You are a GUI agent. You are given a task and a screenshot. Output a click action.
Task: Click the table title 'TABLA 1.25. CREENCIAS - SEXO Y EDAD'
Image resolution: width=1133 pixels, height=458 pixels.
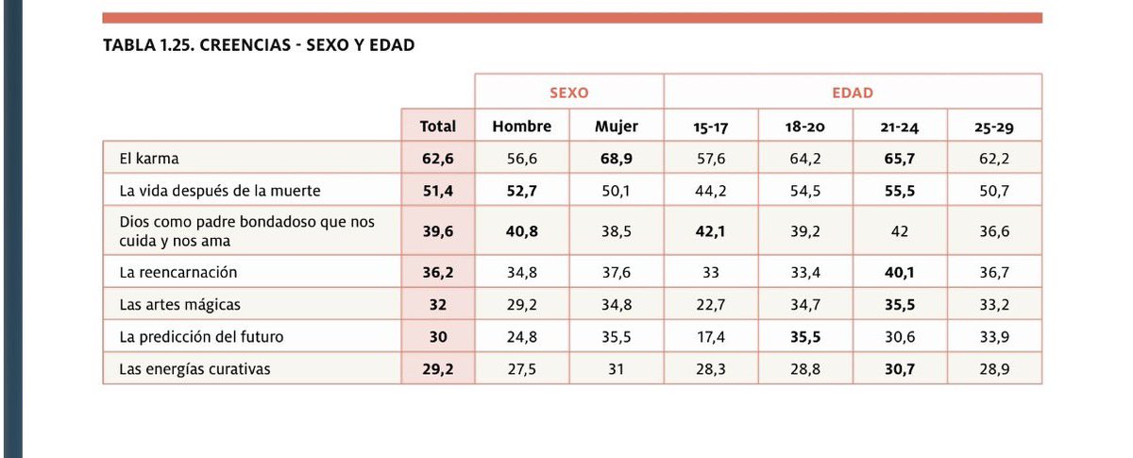[x=258, y=45]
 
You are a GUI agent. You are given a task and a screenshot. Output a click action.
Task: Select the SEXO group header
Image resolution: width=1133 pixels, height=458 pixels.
[x=568, y=93]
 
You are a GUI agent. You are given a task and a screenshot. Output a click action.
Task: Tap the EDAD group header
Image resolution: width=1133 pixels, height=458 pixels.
[x=852, y=93]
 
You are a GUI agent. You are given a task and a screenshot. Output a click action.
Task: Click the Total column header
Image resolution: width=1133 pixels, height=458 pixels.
[x=437, y=126]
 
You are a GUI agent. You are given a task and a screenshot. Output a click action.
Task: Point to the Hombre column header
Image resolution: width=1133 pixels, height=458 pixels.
[x=521, y=126]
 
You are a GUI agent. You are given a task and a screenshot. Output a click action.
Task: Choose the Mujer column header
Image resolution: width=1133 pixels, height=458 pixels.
[x=616, y=126]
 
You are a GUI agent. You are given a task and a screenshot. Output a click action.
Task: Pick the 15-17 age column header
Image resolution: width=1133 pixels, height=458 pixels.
[x=710, y=127]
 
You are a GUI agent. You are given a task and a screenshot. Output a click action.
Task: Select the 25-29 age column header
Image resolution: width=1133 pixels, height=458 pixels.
[x=994, y=127]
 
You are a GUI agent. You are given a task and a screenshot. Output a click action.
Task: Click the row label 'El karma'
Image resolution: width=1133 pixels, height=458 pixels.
[x=149, y=158]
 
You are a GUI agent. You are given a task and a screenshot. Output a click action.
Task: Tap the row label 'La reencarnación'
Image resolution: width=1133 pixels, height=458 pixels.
[x=178, y=272]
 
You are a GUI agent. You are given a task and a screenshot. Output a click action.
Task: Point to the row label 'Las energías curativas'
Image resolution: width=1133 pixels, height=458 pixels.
[x=194, y=369]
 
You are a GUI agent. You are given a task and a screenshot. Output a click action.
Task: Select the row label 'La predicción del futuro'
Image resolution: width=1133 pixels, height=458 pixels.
[x=201, y=336]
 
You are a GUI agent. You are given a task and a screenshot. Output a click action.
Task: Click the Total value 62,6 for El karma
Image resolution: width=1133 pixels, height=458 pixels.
[x=437, y=158]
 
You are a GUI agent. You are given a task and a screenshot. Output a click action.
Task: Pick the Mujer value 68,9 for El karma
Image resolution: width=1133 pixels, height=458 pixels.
[x=616, y=158]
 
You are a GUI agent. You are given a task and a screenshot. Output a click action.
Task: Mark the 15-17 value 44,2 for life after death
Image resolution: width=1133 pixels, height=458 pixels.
[x=710, y=190]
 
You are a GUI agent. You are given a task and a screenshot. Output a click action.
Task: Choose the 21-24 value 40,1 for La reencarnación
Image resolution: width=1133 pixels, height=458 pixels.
[x=899, y=272]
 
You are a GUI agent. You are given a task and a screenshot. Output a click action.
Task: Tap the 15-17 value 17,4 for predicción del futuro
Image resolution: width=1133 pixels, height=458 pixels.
[x=710, y=336]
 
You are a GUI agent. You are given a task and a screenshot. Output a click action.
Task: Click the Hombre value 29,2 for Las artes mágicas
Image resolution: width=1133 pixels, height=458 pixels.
[x=521, y=304]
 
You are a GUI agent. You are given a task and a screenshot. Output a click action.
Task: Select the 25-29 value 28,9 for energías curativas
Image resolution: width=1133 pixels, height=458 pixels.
[x=994, y=369]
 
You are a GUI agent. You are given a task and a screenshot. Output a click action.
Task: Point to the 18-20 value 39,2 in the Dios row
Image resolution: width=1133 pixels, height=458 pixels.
[x=804, y=230]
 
